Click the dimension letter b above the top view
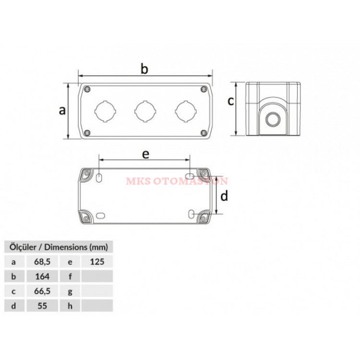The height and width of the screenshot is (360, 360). click(144, 69)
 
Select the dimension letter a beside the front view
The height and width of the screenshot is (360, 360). click(62, 110)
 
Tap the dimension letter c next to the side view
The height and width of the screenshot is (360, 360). click(231, 101)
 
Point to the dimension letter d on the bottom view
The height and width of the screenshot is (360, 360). click(224, 196)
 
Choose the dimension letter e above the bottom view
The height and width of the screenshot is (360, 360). click(145, 154)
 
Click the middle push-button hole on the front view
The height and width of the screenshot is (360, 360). click(145, 111)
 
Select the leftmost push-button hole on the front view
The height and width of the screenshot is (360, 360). click(105, 111)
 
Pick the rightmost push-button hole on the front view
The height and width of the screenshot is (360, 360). click(186, 111)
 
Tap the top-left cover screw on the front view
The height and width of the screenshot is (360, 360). click(87, 89)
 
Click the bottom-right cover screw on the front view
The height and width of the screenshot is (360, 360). click(204, 132)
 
